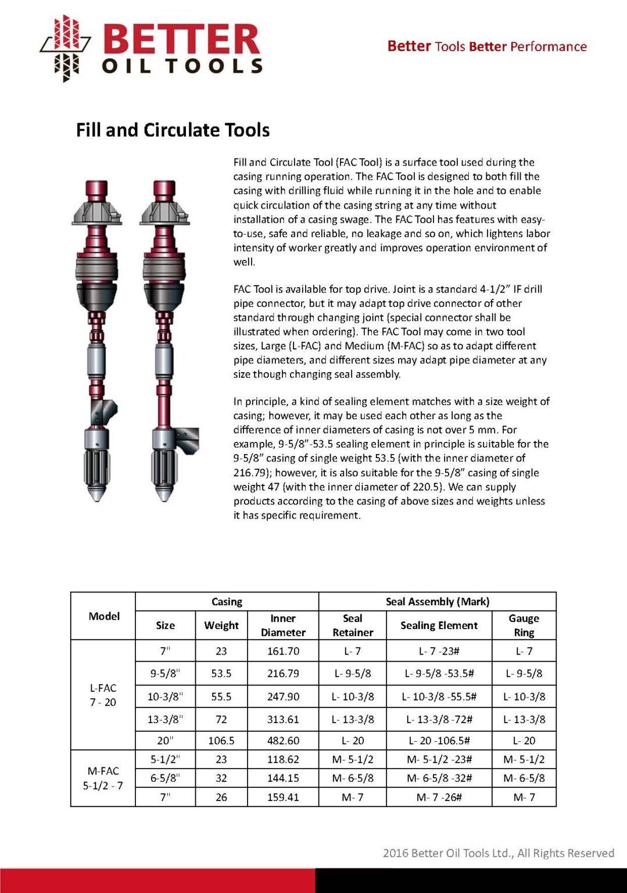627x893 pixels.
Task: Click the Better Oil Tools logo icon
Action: coord(65,48)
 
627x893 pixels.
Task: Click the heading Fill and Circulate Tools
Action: coord(173,130)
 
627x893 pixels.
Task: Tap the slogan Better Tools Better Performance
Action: coord(486,47)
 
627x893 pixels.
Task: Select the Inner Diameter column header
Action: coord(283,626)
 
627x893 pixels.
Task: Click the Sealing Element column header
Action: coord(439,626)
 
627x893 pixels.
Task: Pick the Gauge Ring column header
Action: coord(524,626)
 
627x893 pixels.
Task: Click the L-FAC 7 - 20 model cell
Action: coord(103,695)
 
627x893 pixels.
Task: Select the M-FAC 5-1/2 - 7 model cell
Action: coord(103,778)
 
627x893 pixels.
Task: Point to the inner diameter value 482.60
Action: coord(283,741)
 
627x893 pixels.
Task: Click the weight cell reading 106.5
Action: coord(221,741)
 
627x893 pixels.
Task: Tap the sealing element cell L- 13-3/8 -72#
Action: coord(439,719)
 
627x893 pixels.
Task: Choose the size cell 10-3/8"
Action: coord(165,696)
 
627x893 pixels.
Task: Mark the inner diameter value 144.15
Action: coord(283,778)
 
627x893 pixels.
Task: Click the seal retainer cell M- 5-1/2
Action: coord(353,759)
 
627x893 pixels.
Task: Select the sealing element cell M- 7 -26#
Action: coord(439,797)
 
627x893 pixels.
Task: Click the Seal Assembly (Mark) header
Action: coord(437,602)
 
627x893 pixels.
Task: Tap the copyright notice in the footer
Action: coord(498,853)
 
